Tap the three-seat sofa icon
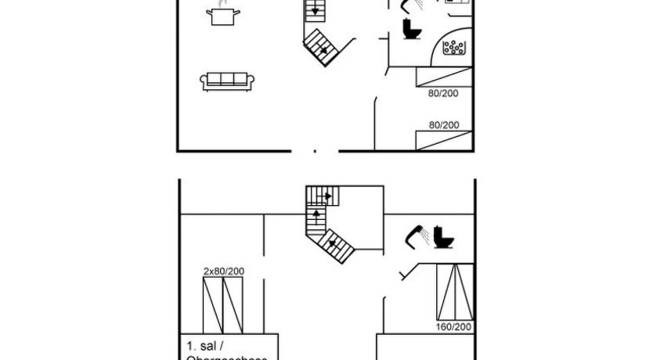click(226, 81)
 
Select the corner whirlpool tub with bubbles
click(455, 47)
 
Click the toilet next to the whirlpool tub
click(411, 29)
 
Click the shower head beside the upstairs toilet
click(416, 236)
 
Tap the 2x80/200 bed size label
click(224, 271)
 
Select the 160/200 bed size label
click(454, 326)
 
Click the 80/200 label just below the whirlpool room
click(443, 94)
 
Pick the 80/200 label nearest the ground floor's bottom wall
click(443, 125)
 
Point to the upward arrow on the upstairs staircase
click(316, 212)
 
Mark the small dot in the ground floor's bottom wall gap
click(316, 149)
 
